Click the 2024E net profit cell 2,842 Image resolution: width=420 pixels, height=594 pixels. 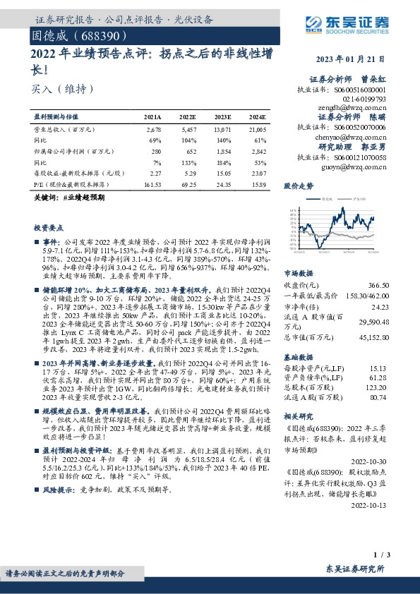click(256, 151)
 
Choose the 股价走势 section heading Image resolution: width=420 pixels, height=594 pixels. click(299, 186)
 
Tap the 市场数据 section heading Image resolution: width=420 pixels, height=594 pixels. click(299, 273)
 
